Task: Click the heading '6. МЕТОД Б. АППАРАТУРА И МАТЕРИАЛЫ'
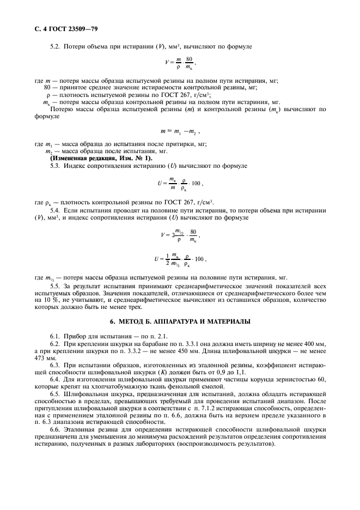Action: click(180, 321)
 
